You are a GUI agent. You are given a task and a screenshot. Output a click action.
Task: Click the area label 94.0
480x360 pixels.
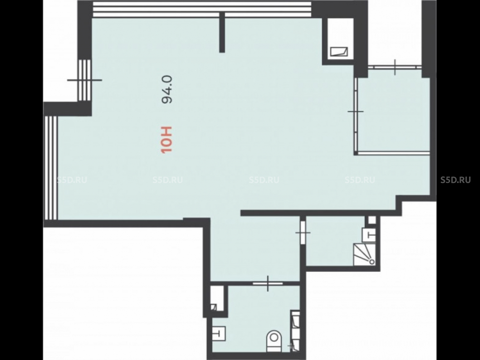(167, 90)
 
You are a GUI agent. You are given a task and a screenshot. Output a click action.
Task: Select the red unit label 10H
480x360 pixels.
(167, 140)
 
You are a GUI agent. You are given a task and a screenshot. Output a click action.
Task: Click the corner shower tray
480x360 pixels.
(365, 254)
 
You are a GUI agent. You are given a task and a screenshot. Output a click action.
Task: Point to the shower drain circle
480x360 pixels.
(372, 262)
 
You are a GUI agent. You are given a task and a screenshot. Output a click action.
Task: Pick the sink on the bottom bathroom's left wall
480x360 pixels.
(219, 333)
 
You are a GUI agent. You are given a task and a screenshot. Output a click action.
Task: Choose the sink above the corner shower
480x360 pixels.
(369, 235)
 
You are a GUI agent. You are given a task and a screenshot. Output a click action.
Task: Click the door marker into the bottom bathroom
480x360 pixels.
(268, 284)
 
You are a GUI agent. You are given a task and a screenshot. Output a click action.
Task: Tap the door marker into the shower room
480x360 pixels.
(303, 233)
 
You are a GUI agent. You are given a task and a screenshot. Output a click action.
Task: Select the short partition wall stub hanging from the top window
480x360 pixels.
(222, 33)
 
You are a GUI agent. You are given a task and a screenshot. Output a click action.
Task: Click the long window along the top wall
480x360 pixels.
(202, 10)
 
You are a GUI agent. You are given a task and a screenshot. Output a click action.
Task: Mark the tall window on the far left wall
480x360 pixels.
(51, 168)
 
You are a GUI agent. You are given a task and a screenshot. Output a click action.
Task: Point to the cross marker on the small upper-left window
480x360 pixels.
(84, 80)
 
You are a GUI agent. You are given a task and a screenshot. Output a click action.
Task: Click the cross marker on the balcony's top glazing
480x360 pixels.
(395, 67)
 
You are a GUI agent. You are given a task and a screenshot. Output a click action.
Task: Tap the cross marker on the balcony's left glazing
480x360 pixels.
(356, 111)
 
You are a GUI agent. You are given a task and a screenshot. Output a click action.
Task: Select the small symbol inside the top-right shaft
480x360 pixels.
(339, 52)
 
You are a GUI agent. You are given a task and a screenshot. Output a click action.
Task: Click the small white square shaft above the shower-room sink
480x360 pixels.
(372, 220)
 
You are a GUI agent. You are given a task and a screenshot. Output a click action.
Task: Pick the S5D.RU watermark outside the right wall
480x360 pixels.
(456, 180)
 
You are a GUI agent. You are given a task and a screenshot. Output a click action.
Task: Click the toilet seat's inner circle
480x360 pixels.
(274, 337)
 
